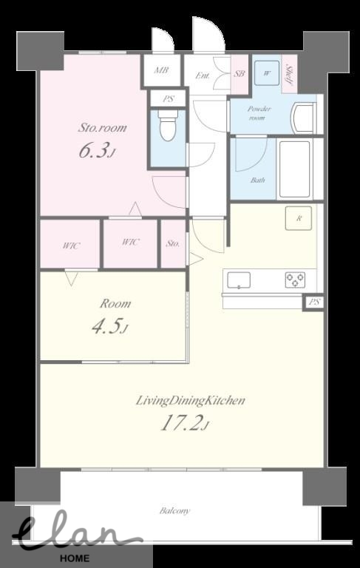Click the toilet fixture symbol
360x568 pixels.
tap(168, 125)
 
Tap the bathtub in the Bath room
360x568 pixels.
tap(295, 169)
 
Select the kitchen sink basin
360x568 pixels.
tap(239, 280)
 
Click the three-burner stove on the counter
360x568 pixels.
tap(295, 280)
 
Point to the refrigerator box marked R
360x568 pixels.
tap(299, 218)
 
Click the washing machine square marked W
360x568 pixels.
tap(267, 73)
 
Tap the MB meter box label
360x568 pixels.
tap(161, 70)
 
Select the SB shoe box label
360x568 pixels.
tap(240, 74)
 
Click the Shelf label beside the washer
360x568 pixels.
tap(289, 74)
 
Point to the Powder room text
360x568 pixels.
tap(259, 113)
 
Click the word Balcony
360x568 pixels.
tap(174, 511)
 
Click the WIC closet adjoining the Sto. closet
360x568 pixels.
tap(130, 243)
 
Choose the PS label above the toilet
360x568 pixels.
tap(168, 98)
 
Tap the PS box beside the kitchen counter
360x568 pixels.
tap(313, 302)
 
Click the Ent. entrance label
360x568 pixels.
tap(202, 75)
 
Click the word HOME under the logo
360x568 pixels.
tap(75, 558)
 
